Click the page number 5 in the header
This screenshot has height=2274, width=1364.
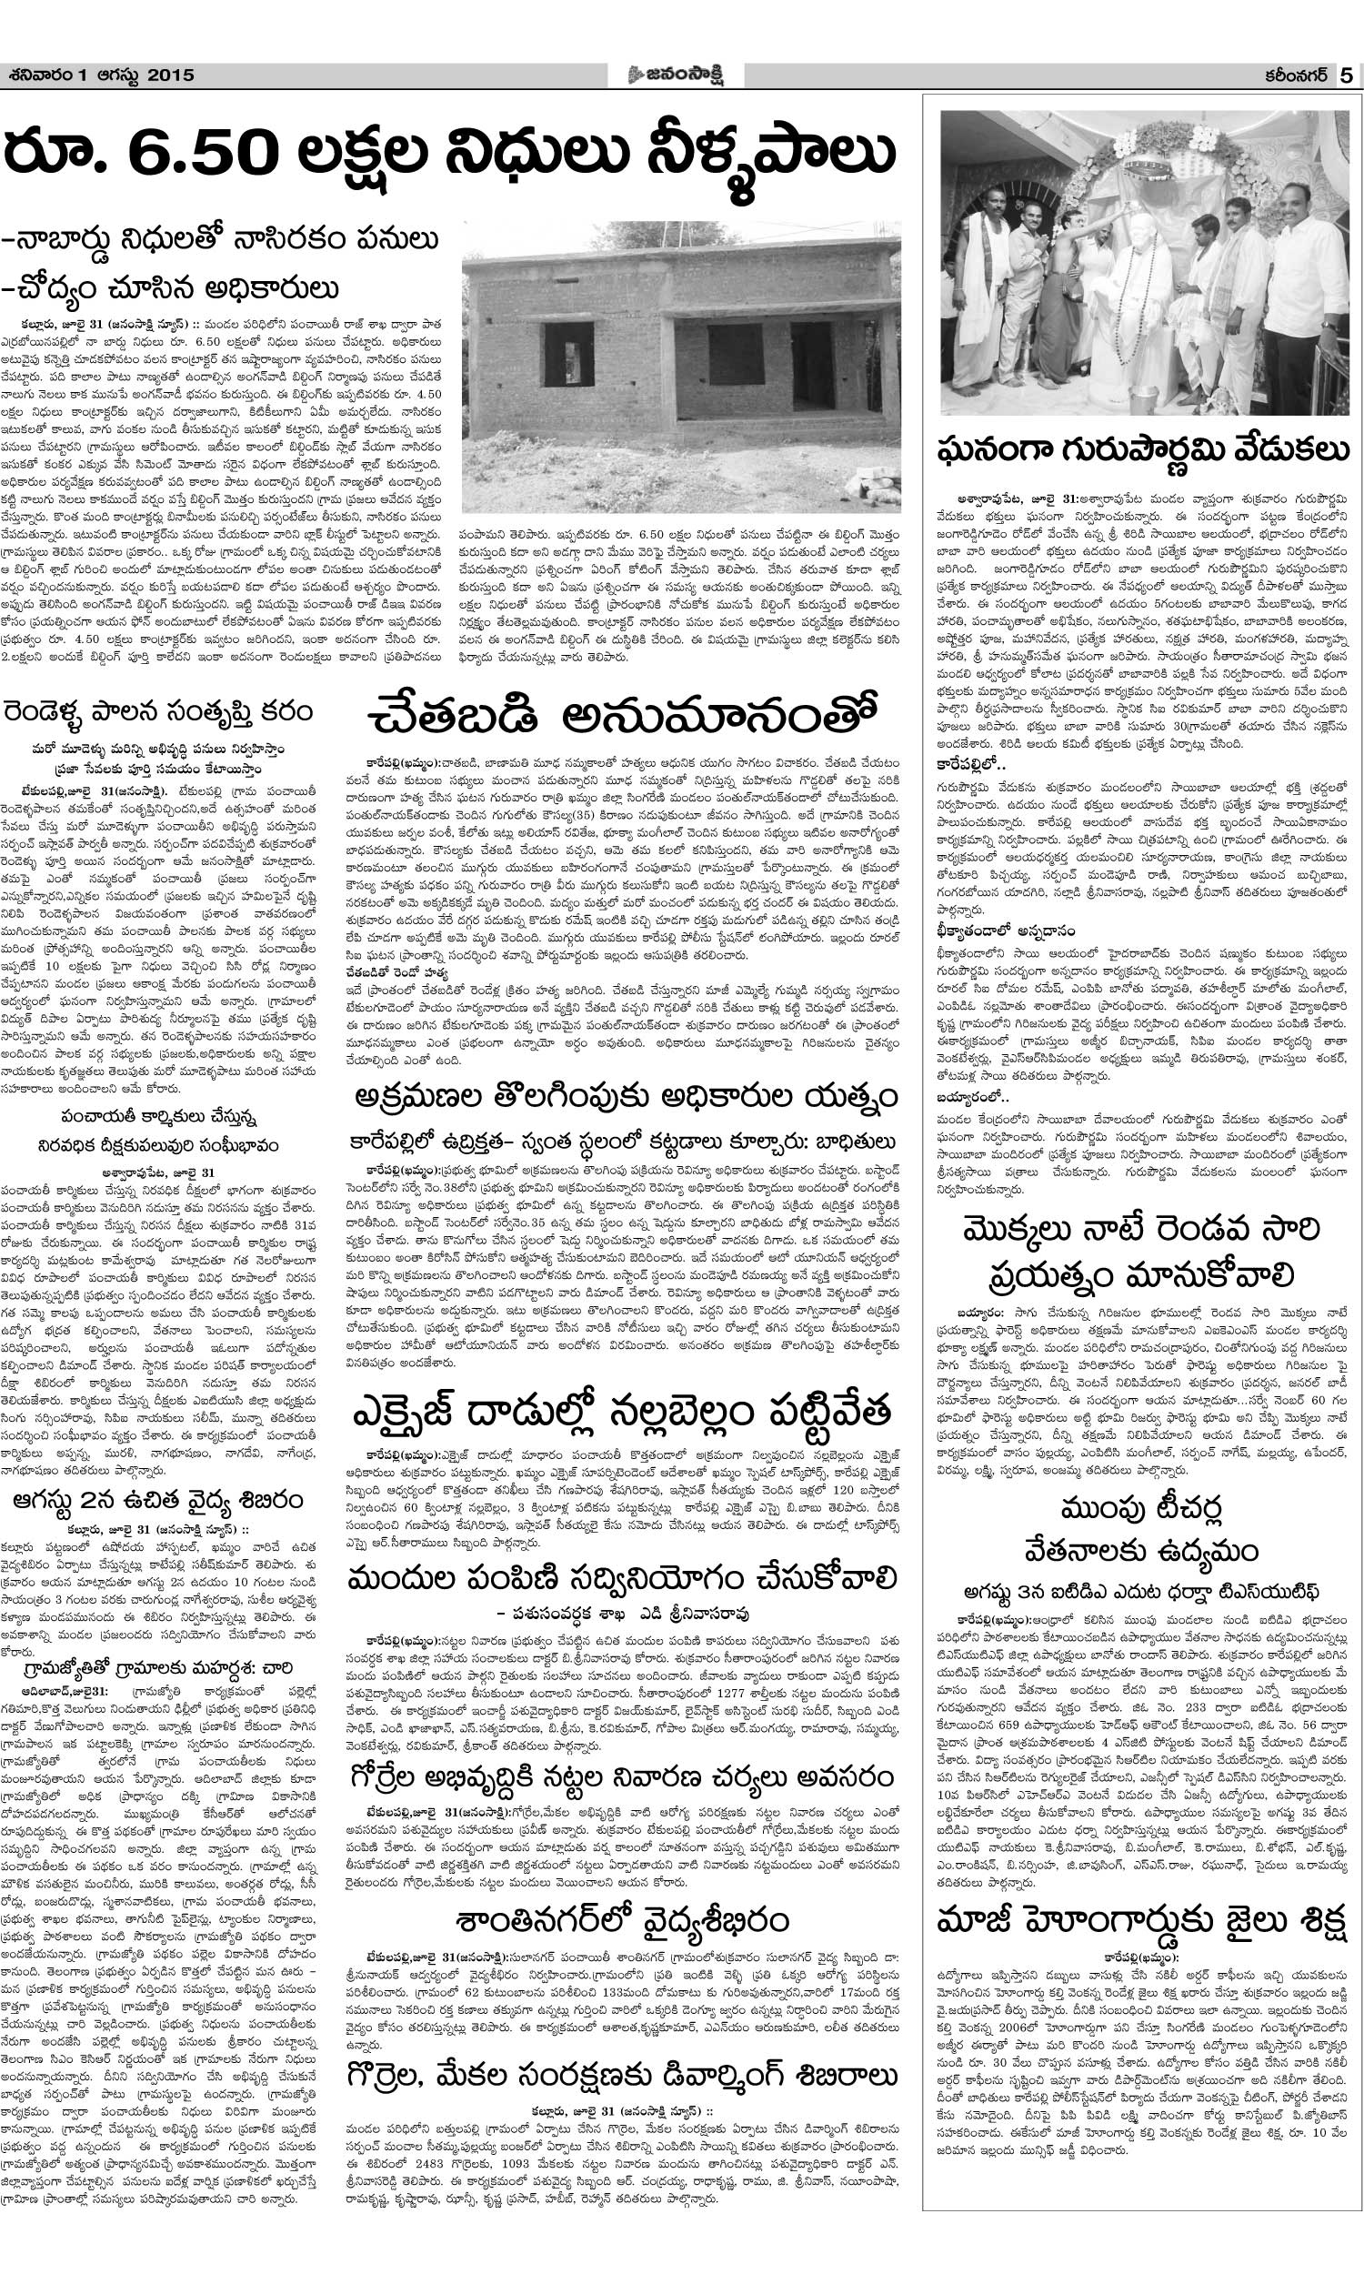point(1345,76)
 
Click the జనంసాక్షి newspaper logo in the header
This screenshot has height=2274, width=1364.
point(678,75)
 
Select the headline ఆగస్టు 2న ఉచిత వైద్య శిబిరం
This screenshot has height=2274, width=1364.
point(159,1501)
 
